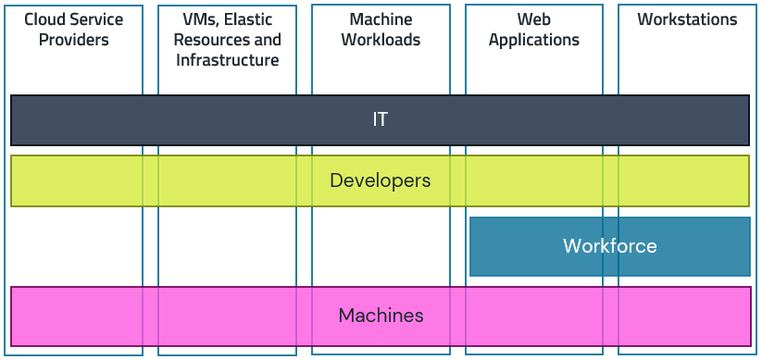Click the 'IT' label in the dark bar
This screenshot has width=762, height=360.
tap(380, 119)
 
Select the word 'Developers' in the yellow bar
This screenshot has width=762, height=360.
tap(380, 180)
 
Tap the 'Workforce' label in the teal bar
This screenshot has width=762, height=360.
tap(609, 246)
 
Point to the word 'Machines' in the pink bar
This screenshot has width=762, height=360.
tap(381, 316)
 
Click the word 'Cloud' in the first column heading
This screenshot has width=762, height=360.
tap(44, 19)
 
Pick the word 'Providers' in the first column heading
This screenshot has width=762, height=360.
tap(74, 40)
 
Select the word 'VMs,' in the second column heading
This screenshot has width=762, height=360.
tap(198, 19)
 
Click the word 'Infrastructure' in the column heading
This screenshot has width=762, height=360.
tap(227, 60)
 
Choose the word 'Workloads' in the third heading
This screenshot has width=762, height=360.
tap(381, 40)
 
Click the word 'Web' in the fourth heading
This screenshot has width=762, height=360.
tap(534, 19)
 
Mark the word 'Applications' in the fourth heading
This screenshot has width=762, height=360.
tap(534, 40)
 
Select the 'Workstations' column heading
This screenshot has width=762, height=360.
tap(687, 19)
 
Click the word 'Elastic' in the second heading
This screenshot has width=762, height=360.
tap(245, 19)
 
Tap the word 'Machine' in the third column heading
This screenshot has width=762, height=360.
tap(381, 19)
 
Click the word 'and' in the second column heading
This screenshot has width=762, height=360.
tap(267, 40)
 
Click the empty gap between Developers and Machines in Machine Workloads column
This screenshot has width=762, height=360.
tap(381, 246)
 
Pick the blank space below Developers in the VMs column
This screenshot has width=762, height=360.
tap(227, 246)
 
